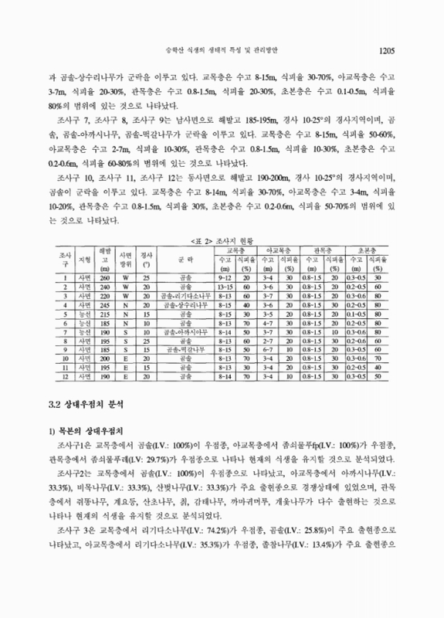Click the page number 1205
387,51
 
